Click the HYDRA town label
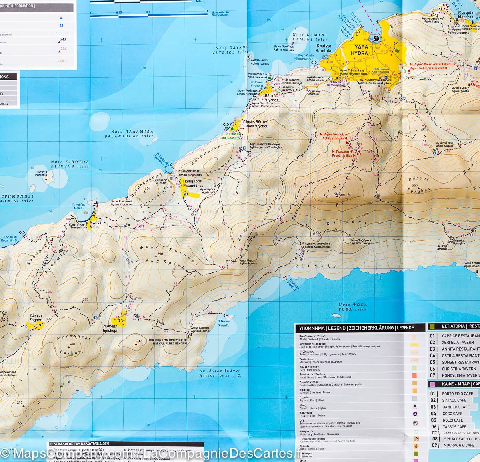[359, 52]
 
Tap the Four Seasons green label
[230, 138]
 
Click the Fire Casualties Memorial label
[168, 343]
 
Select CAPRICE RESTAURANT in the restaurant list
[460, 335]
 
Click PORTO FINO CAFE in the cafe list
[457, 393]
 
